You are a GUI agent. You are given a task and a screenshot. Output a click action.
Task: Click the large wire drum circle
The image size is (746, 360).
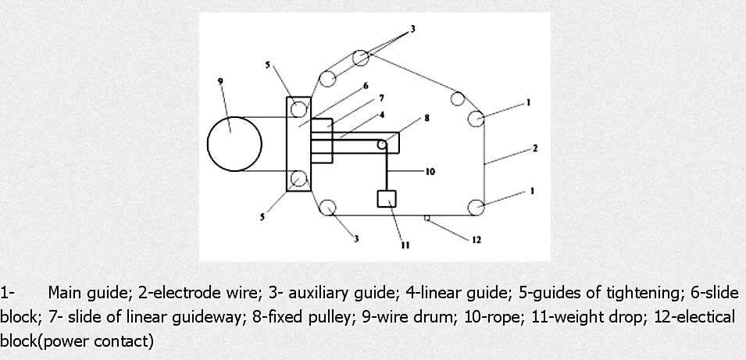208,144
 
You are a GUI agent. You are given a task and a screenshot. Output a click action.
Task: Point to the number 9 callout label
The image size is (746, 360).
220,81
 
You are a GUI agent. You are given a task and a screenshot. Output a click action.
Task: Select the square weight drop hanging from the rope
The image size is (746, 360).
387,199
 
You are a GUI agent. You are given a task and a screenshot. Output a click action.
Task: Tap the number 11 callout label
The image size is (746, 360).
405,245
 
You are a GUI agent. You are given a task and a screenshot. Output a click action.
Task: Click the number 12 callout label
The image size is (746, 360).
477,240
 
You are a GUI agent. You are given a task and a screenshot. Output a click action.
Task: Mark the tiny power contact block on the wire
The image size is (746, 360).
427,218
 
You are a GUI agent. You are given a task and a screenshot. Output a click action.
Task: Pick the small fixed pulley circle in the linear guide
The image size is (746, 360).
381,144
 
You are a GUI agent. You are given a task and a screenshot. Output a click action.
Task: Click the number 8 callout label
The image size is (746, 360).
427,118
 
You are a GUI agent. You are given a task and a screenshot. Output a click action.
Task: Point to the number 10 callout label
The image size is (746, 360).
430,171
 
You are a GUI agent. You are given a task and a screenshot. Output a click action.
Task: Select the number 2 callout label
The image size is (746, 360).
535,148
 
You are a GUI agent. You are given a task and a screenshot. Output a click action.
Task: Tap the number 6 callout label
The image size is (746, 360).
366,86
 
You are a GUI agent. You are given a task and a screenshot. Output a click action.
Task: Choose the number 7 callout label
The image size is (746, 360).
381,98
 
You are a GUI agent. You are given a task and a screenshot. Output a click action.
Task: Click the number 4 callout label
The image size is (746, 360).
381,114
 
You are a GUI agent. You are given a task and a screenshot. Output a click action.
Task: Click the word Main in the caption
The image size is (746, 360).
66,293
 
